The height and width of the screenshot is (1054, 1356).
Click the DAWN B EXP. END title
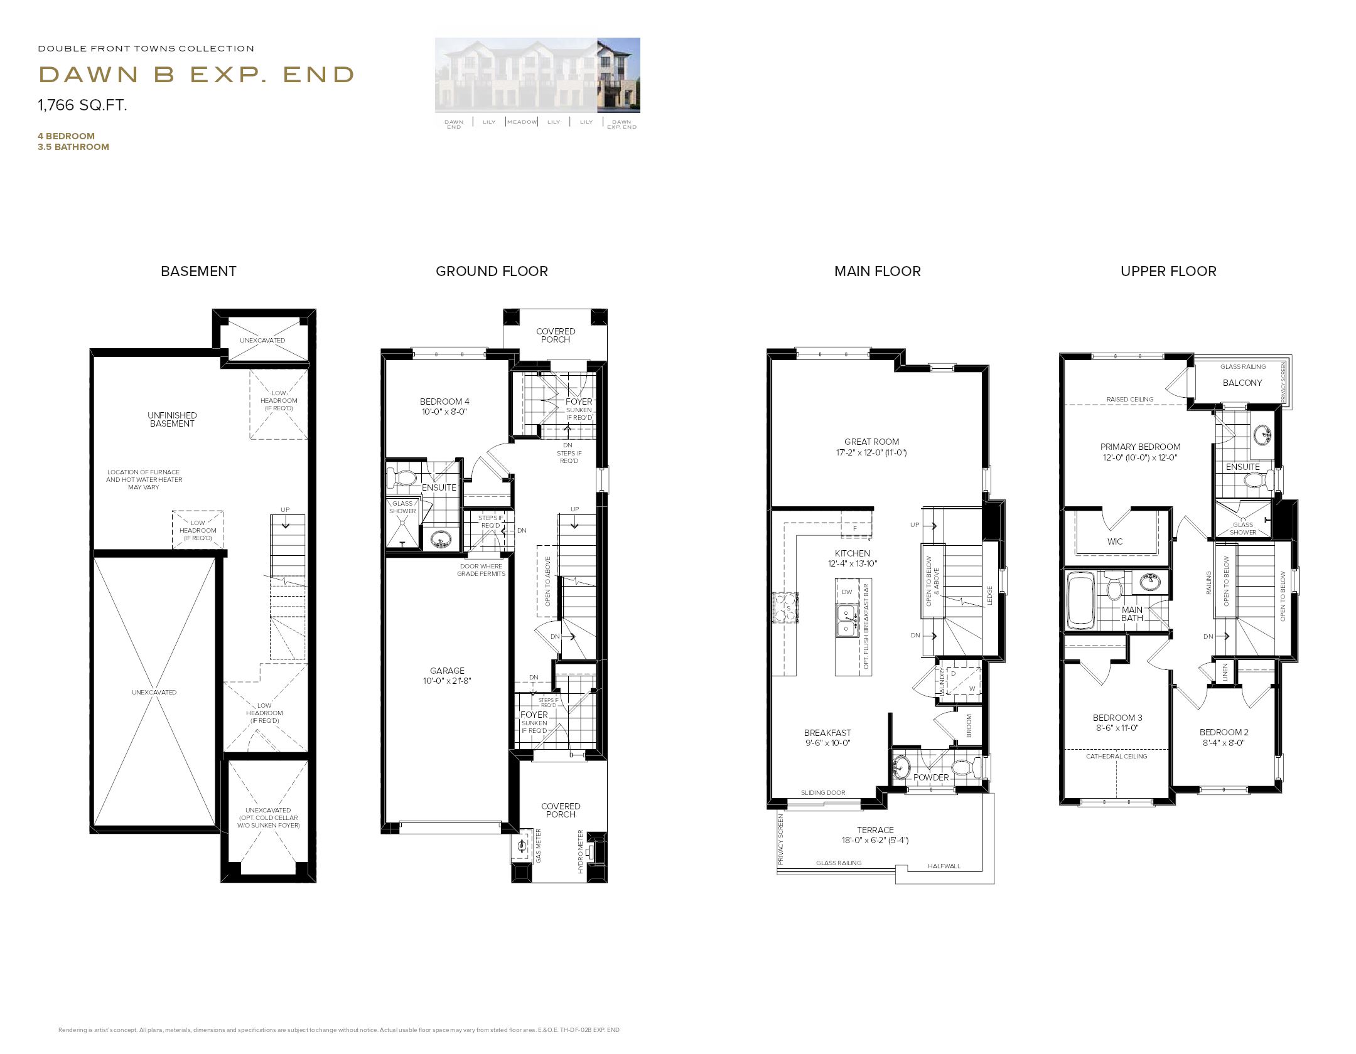pos(196,75)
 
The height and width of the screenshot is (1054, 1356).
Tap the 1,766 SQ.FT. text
pos(82,105)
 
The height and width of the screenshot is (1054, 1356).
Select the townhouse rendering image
pos(537,75)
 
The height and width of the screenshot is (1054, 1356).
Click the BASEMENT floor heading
pos(198,271)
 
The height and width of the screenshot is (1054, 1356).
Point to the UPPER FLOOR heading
pos(1168,271)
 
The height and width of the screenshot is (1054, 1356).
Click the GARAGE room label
pos(447,671)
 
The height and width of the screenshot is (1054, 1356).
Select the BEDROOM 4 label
pos(444,402)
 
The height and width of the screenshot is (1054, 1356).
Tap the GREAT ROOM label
pos(871,442)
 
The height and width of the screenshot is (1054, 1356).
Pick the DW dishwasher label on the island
pos(847,592)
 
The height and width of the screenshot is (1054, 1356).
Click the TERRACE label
pos(875,829)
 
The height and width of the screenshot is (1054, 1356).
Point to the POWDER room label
pos(931,777)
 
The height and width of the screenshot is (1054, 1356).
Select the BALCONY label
pos(1242,383)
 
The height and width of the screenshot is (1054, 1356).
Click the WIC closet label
pos(1115,541)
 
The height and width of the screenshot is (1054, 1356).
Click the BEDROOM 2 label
pos(1224,732)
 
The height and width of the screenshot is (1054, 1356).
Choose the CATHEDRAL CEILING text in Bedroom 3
pos(1116,757)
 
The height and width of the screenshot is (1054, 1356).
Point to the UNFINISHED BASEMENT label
pos(172,419)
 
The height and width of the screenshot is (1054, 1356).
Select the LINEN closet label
pos(1225,672)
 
